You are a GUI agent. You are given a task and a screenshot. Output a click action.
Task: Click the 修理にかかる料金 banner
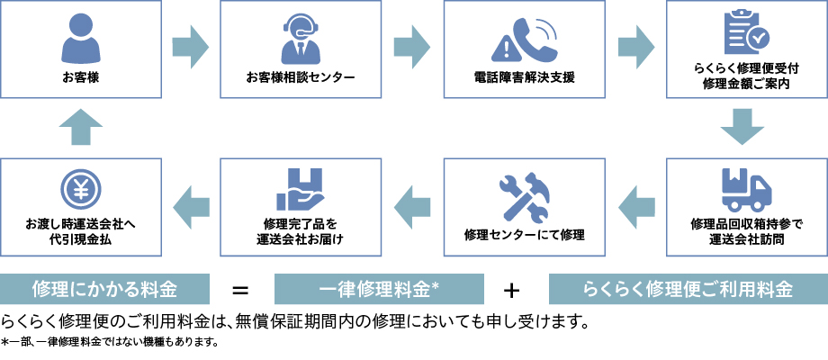click(x=104, y=290)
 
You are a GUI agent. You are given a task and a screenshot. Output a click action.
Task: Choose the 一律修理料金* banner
click(x=378, y=290)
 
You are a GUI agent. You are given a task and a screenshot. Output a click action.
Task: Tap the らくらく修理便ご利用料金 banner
click(x=688, y=290)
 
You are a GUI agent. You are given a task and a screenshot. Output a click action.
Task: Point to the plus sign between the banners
click(x=512, y=290)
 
